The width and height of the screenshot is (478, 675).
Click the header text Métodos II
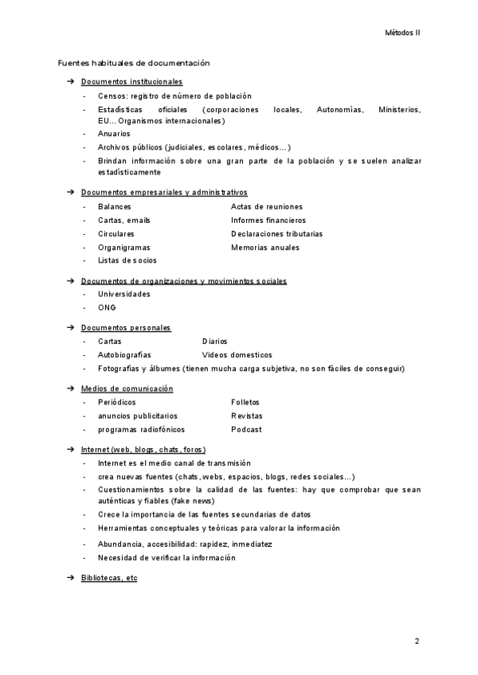pyautogui.click(x=402, y=33)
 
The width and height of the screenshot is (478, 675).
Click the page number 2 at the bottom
pyautogui.click(x=417, y=641)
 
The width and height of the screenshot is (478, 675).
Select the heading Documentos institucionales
pyautogui.click(x=131, y=81)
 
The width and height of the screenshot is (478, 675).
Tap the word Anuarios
pyautogui.click(x=114, y=134)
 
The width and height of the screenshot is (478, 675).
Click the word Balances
pyautogui.click(x=115, y=206)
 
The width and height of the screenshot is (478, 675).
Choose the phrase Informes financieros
pyautogui.click(x=268, y=220)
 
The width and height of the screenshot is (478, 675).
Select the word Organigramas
pyautogui.click(x=123, y=248)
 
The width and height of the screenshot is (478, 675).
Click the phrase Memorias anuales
pyautogui.click(x=265, y=248)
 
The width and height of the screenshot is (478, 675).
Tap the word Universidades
pyautogui.click(x=123, y=294)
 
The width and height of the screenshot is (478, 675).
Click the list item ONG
pyautogui.click(x=107, y=307)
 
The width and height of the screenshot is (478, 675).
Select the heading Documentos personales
pyautogui.click(x=126, y=328)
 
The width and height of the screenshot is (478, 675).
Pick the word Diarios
pyautogui.click(x=214, y=341)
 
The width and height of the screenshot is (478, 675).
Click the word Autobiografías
pyautogui.click(x=124, y=354)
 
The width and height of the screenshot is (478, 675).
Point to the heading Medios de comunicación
pyautogui.click(x=127, y=388)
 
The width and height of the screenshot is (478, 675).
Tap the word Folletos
pyautogui.click(x=245, y=402)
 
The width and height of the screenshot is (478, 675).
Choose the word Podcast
pyautogui.click(x=246, y=429)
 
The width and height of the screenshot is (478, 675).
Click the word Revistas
pyautogui.click(x=247, y=416)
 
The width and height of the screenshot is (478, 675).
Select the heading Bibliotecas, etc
pyautogui.click(x=109, y=578)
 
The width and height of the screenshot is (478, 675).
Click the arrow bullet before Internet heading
pyautogui.click(x=70, y=450)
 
